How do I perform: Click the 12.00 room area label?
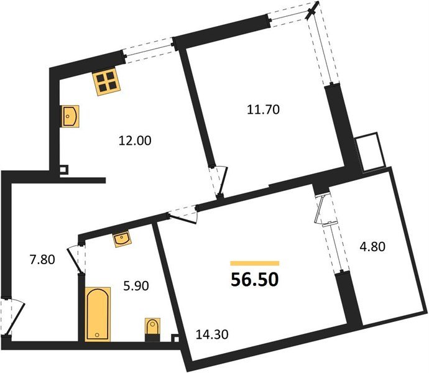(135, 140)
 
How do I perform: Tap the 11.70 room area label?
(264, 110)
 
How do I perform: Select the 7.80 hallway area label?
(43, 259)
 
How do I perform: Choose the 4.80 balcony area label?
(373, 246)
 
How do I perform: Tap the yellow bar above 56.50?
(254, 264)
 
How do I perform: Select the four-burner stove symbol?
(106, 81)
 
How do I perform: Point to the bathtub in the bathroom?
(97, 314)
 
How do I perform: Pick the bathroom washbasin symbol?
(122, 239)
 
